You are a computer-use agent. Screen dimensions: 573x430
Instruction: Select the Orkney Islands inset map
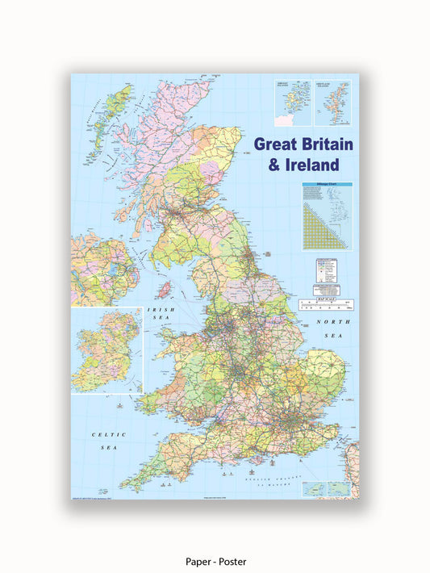pos(292,102)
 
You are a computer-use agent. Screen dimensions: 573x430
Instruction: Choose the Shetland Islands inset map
pos(332,102)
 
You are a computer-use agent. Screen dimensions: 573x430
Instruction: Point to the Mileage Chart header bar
pos(328,185)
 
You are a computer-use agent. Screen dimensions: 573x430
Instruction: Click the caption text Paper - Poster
pos(215,561)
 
